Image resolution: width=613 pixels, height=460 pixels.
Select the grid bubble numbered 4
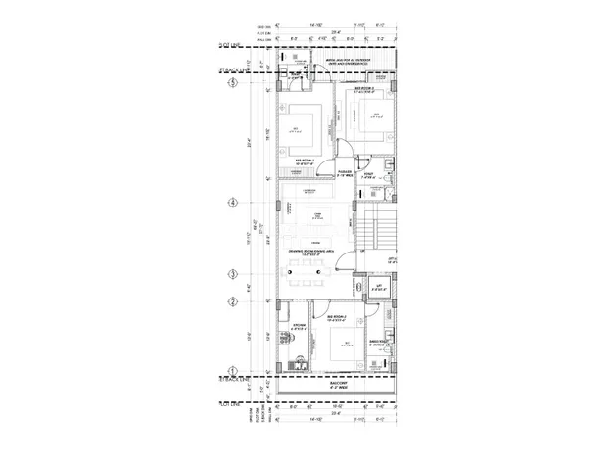(x=233, y=204)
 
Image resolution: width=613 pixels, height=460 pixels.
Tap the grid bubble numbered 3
(x=233, y=274)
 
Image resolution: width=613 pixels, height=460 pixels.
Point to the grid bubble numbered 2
(x=233, y=300)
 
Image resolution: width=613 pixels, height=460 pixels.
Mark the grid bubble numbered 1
(x=233, y=368)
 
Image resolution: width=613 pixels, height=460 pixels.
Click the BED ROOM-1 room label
(x=307, y=163)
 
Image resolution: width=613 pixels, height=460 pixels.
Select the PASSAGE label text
(x=345, y=172)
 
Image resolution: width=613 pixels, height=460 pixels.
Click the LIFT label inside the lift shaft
(x=378, y=288)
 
